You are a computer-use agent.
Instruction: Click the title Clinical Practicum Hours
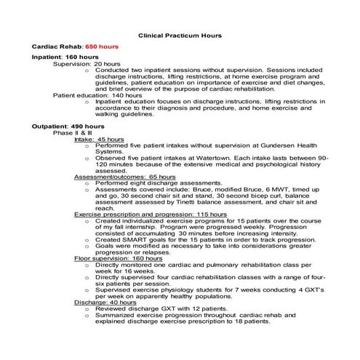[x=180, y=35]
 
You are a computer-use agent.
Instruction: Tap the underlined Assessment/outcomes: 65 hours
[x=120, y=177]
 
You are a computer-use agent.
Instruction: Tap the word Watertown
[x=210, y=158]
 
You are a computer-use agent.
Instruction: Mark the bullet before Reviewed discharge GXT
[x=88, y=309]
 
